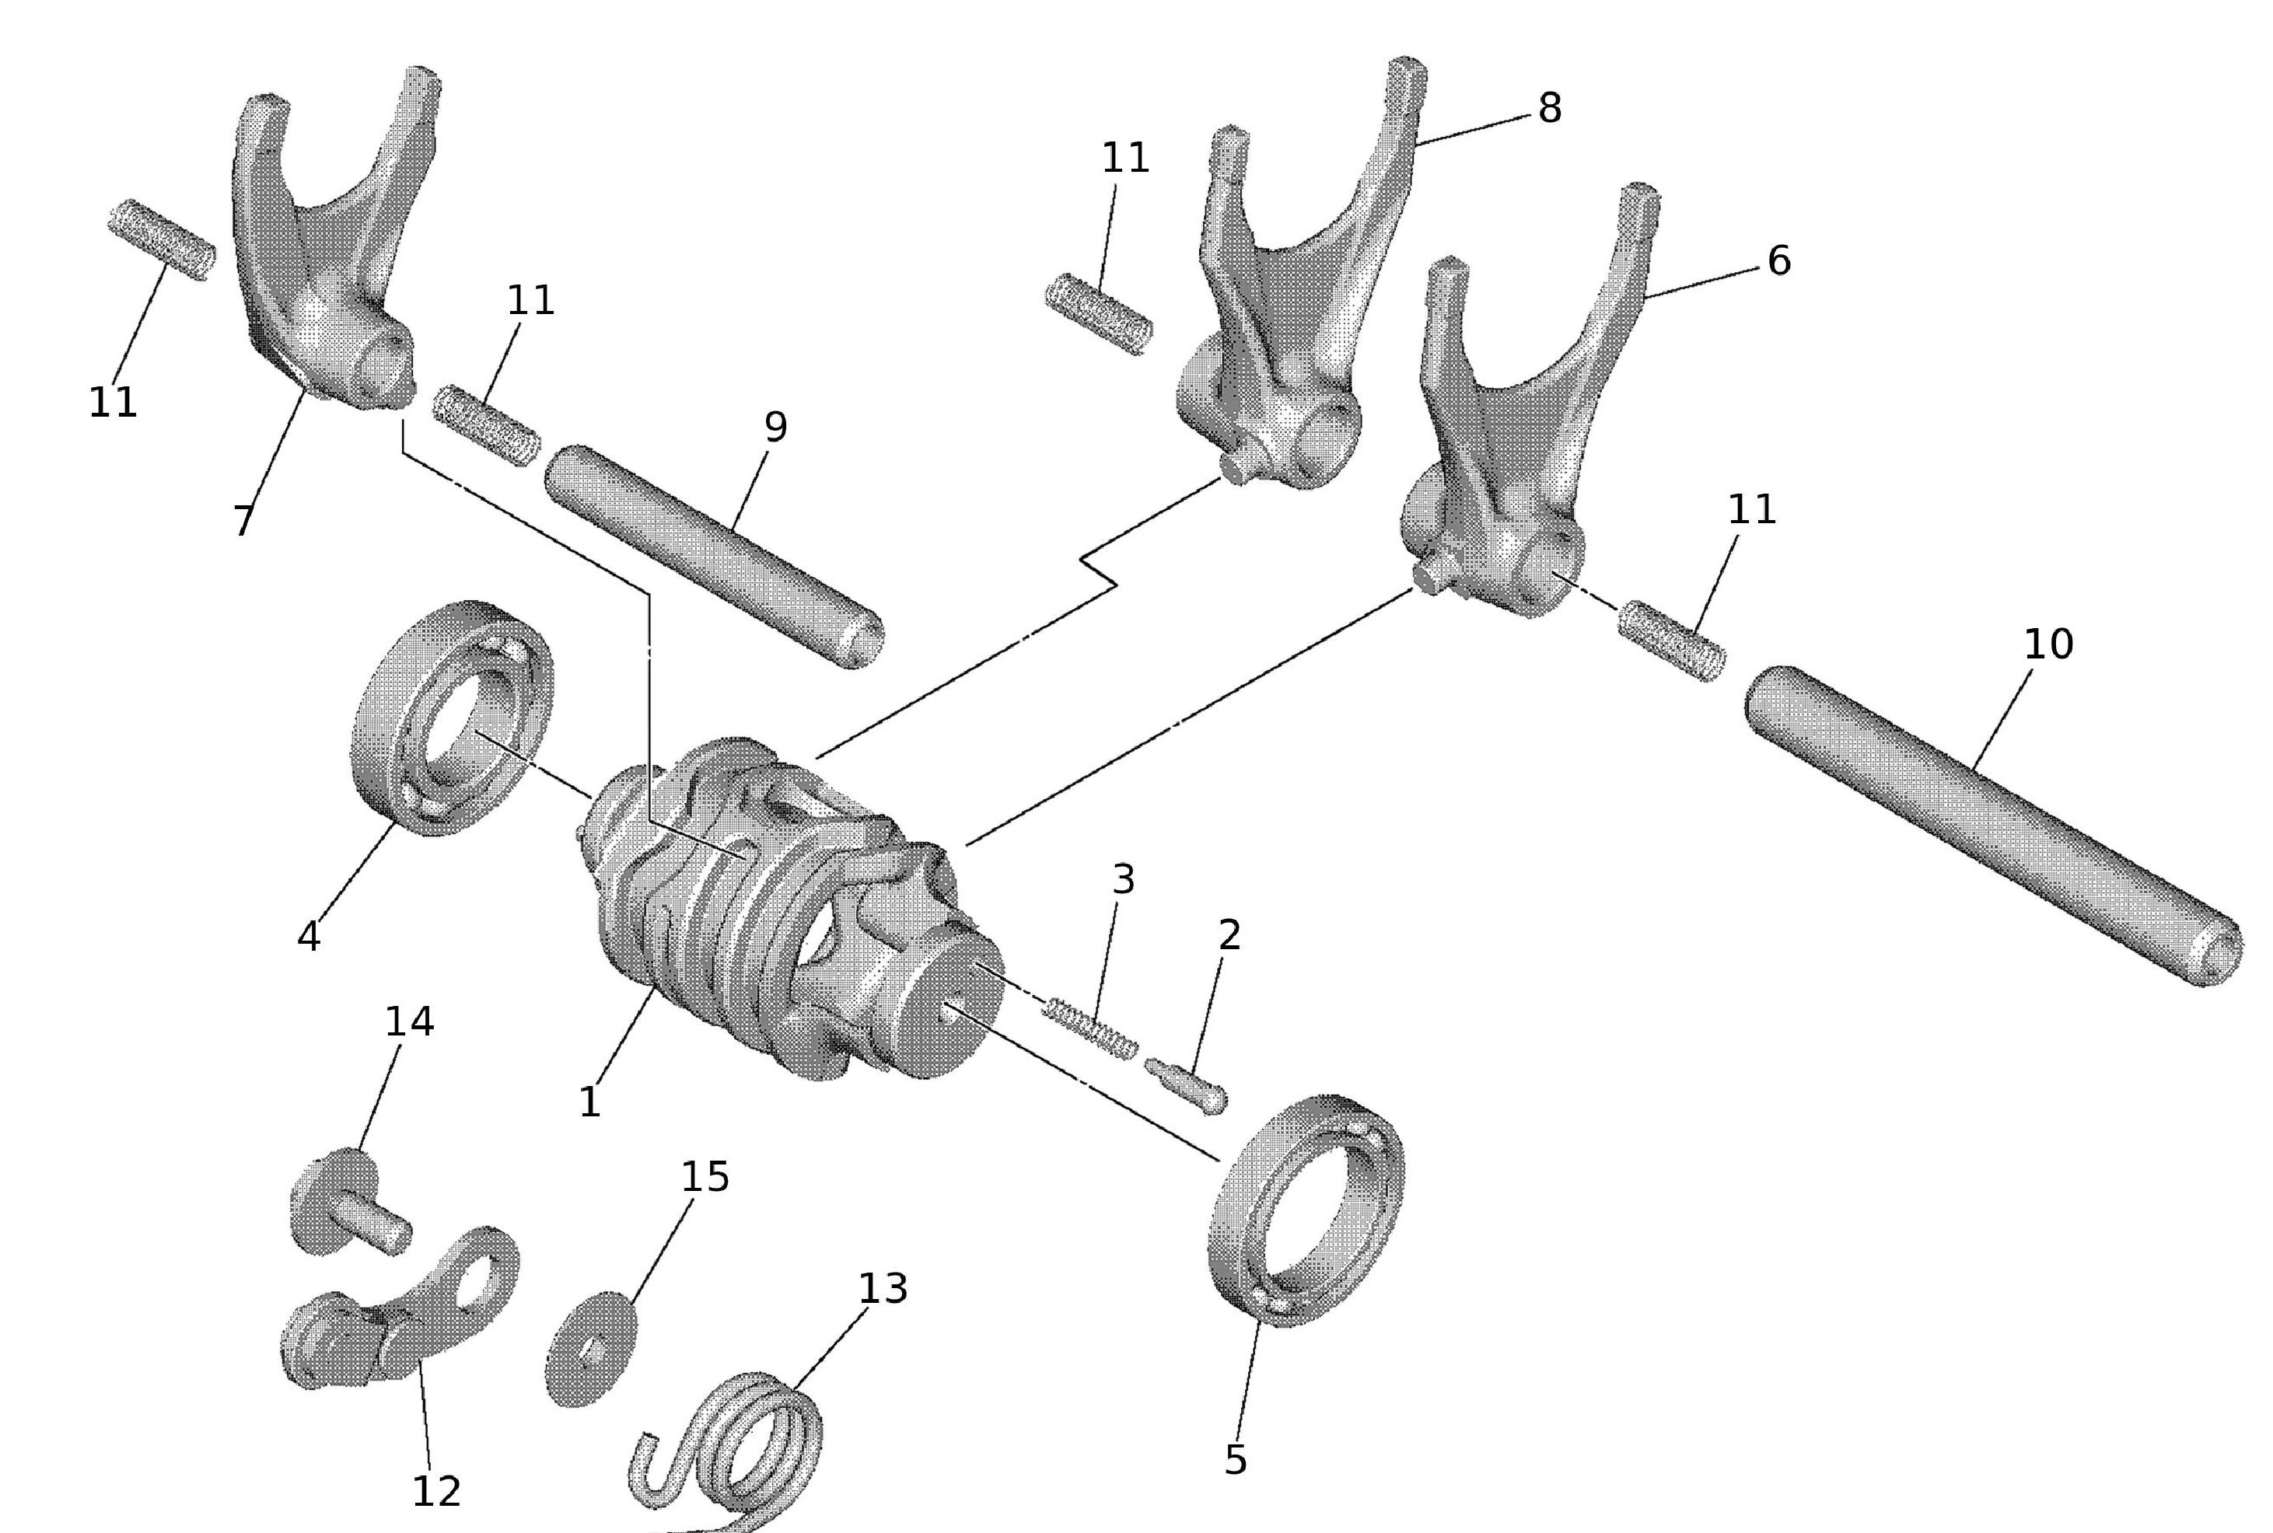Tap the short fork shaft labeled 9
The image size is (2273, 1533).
(x=714, y=557)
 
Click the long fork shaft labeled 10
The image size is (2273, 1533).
(x=1995, y=826)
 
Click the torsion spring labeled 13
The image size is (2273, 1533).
(x=733, y=1447)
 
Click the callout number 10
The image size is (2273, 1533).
(x=2047, y=644)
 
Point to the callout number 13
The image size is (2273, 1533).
(x=882, y=1289)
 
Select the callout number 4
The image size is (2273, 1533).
(x=308, y=937)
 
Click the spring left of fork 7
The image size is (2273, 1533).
(x=162, y=239)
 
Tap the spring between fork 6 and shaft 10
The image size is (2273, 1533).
(x=1670, y=641)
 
